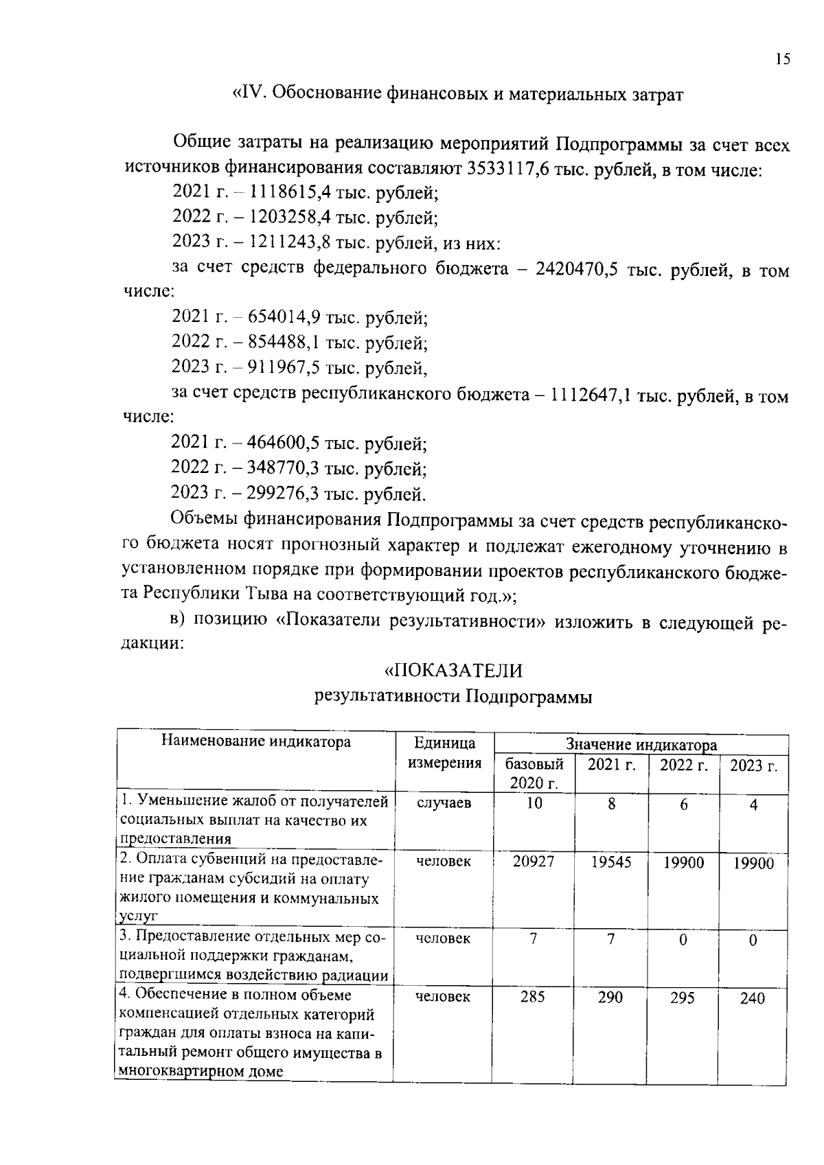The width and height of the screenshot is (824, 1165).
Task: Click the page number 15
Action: (x=783, y=59)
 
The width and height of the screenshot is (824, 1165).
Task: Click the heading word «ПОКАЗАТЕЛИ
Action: (x=453, y=669)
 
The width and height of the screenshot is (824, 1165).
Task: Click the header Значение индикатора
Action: (x=641, y=744)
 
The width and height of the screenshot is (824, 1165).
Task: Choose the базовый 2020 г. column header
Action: (x=534, y=773)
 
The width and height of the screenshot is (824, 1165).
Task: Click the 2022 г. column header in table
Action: (x=683, y=765)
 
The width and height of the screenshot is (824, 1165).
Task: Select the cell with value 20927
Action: (x=534, y=862)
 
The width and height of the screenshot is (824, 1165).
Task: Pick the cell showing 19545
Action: (x=610, y=862)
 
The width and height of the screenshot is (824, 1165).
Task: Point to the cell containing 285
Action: (x=533, y=996)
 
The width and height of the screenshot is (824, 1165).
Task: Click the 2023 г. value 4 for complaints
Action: (x=753, y=805)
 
